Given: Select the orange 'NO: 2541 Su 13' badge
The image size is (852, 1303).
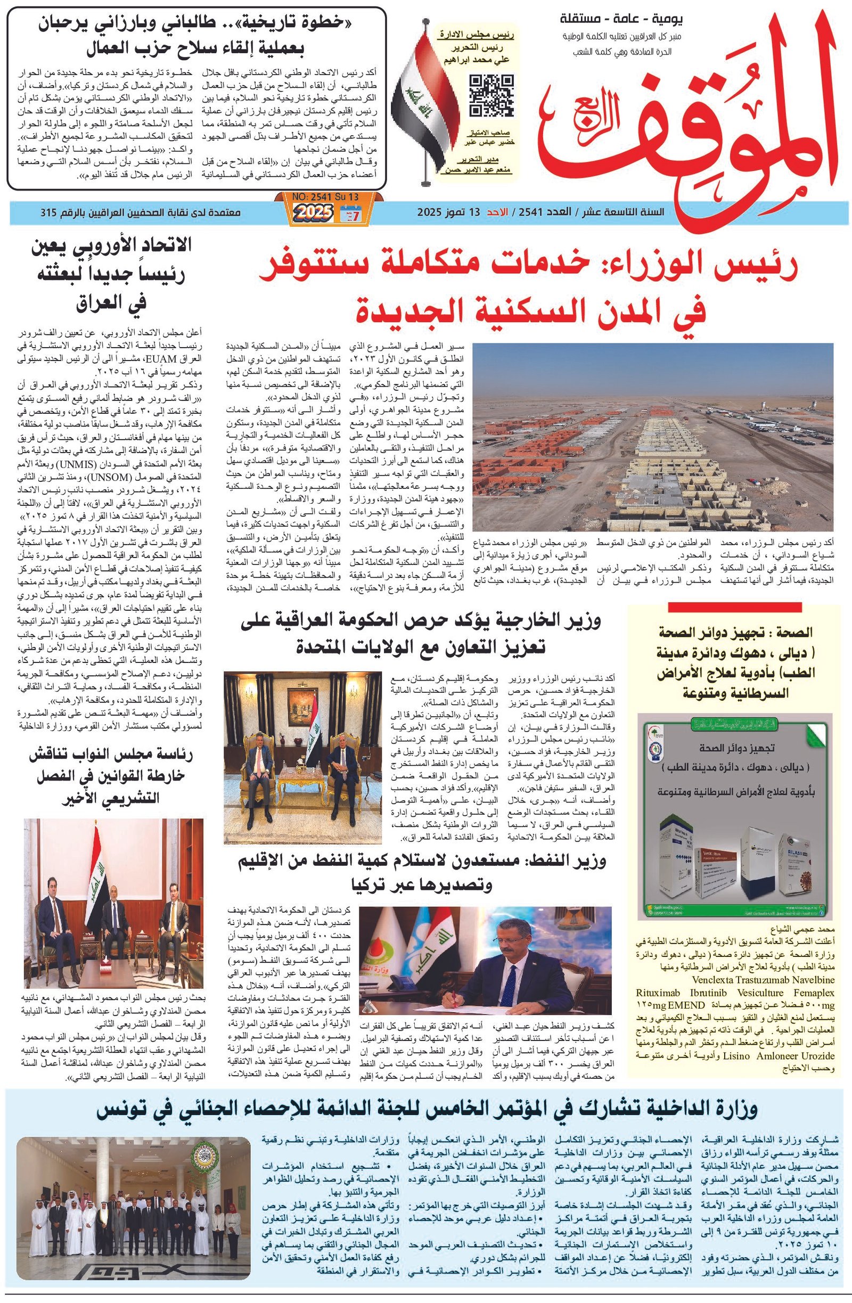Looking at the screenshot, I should (x=326, y=196).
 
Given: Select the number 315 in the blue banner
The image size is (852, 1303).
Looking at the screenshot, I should (x=51, y=212).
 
